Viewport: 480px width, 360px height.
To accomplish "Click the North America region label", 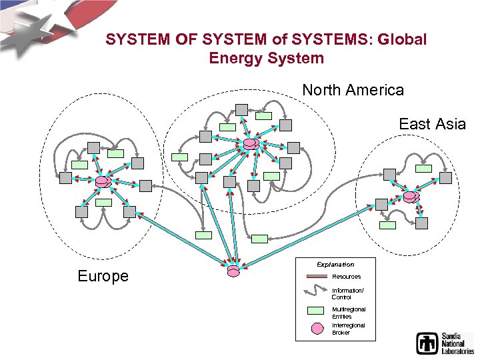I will pos(353,89).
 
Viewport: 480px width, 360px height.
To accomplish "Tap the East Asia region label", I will pos(432,123).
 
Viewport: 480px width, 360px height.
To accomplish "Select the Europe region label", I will pos(103,276).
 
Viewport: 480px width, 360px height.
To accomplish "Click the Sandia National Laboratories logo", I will pos(445,342).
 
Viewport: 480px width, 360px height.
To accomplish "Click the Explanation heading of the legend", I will pos(335,265).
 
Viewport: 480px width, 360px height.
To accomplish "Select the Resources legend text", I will pos(346,277).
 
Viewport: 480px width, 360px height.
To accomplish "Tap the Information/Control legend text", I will pos(347,293).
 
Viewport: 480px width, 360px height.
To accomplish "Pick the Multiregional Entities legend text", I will pos(348,313).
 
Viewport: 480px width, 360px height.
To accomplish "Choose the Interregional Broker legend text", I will pos(348,329).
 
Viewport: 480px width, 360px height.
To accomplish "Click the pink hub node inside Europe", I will pos(103,182).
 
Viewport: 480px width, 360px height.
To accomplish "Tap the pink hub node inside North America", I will pos(251,143).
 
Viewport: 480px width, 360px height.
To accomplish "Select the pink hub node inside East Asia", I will pos(411,197).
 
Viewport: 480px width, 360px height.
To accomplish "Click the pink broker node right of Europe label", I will pos(233,271).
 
